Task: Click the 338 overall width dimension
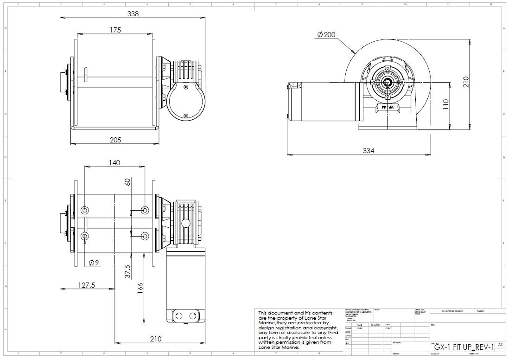tap(133, 14)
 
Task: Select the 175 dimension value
tap(115, 30)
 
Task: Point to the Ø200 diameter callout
tap(326, 35)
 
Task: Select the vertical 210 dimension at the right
tap(466, 82)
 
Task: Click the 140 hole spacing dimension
tap(114, 162)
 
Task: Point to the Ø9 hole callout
tap(94, 263)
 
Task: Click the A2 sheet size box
tap(500, 345)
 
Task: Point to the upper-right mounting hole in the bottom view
tap(145, 211)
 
